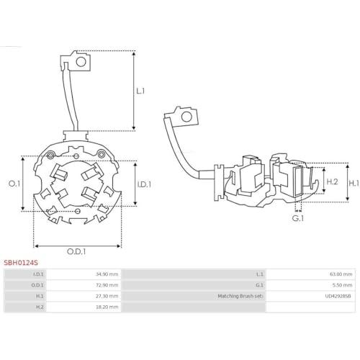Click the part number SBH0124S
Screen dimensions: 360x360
(x=21, y=263)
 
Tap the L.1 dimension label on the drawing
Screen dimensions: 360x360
(x=140, y=91)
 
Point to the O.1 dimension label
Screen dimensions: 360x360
(x=14, y=184)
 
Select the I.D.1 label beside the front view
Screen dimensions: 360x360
(x=144, y=184)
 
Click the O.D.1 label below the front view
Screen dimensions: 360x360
(x=76, y=251)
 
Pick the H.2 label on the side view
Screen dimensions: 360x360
(x=333, y=181)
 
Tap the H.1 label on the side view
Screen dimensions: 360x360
(x=354, y=184)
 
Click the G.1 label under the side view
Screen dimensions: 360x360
(x=298, y=218)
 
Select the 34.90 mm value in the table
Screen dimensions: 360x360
(x=107, y=274)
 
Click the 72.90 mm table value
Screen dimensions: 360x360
(x=107, y=285)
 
